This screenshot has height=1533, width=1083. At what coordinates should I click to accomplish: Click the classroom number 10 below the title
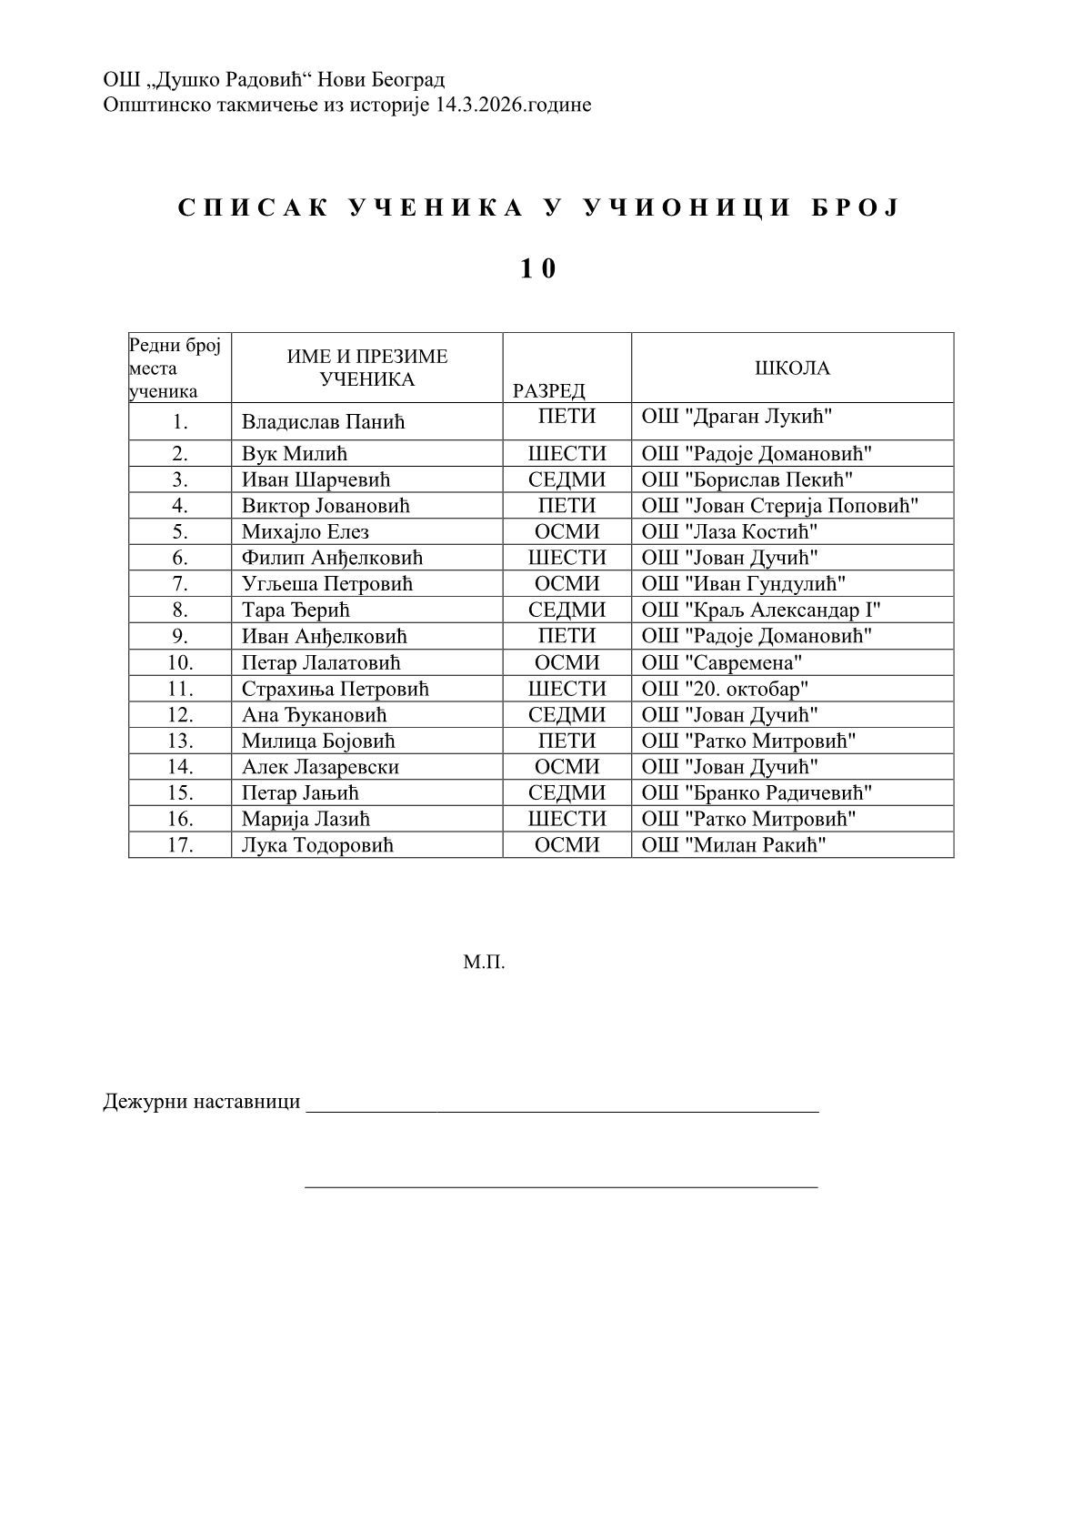[x=537, y=268]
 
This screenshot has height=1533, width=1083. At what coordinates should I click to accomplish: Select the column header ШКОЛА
[x=792, y=368]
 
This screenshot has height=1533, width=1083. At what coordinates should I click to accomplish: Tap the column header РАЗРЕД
[x=548, y=391]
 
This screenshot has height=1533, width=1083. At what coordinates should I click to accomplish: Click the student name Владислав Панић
[x=323, y=422]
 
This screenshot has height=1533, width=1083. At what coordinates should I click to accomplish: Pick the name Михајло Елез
[x=306, y=532]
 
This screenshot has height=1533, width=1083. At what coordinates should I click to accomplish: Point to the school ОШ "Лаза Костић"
[x=729, y=532]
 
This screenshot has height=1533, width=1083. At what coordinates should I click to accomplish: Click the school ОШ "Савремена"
[x=722, y=663]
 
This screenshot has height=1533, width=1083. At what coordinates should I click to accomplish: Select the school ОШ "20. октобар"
[x=725, y=690]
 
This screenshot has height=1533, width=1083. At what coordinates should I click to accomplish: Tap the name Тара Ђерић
[x=296, y=610]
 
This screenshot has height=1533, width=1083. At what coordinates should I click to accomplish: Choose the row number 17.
[x=180, y=845]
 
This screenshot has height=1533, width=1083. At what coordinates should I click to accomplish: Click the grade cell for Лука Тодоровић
[x=567, y=845]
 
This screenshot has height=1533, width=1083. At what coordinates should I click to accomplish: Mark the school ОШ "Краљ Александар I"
[x=761, y=610]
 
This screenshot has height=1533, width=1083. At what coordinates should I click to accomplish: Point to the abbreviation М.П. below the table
[x=484, y=962]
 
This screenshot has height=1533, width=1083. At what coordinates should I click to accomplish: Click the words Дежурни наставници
[x=202, y=1102]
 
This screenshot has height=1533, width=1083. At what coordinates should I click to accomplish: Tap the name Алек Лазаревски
[x=320, y=768]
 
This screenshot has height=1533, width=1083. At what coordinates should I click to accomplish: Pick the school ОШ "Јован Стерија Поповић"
[x=780, y=506]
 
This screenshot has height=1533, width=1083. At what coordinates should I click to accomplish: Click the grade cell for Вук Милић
[x=567, y=454]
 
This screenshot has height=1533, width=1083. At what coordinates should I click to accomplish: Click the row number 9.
[x=180, y=637]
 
